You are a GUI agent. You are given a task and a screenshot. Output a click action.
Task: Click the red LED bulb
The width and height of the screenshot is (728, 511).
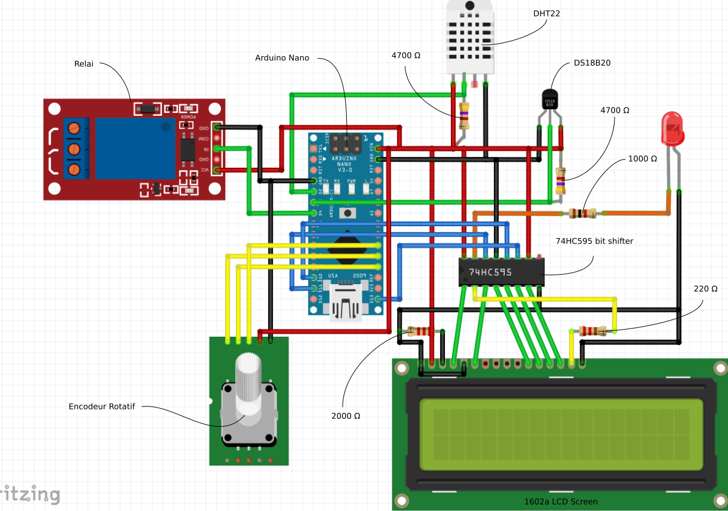[x=672, y=128]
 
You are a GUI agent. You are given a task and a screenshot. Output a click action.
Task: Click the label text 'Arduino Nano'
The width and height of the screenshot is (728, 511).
[x=282, y=58]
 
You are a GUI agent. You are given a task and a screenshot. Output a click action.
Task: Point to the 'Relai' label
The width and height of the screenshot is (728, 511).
[x=84, y=64]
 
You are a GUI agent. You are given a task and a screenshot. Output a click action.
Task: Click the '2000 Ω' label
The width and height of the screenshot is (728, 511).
[x=346, y=416]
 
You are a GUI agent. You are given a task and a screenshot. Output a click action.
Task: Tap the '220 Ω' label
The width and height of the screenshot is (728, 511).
[x=706, y=289]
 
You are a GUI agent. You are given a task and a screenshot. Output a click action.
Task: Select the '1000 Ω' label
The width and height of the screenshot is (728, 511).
[x=642, y=159]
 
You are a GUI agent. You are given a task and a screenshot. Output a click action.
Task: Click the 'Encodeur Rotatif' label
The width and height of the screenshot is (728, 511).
[x=102, y=406]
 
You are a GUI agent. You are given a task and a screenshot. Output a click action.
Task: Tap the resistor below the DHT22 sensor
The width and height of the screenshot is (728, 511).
[x=464, y=116]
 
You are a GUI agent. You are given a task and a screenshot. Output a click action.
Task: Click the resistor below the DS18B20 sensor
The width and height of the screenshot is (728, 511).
[x=560, y=180]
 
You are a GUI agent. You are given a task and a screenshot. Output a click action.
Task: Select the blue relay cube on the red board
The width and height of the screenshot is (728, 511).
[x=135, y=148]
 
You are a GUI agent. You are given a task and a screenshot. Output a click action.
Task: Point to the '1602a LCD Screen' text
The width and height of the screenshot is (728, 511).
[x=561, y=502]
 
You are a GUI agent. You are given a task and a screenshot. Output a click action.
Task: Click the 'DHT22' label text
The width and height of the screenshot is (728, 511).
[x=546, y=13]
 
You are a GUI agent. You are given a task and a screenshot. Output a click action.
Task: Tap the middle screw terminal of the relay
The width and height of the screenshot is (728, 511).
[x=74, y=148]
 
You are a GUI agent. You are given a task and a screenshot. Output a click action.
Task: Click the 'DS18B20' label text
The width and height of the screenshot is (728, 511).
[x=592, y=63]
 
